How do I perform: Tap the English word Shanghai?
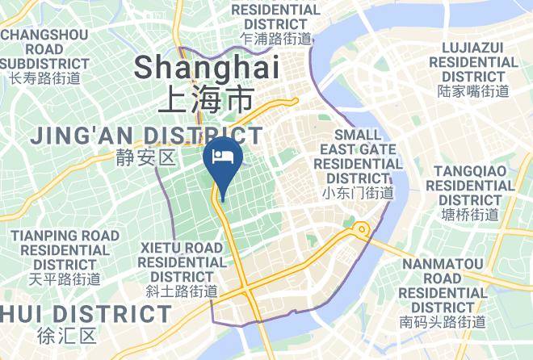pyautogui.click(x=207, y=67)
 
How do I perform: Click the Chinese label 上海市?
pyautogui.click(x=205, y=100)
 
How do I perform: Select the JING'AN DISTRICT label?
pyautogui.click(x=147, y=136)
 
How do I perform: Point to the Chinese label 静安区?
pyautogui.click(x=146, y=157)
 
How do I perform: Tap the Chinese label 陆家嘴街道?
pyautogui.click(x=473, y=91)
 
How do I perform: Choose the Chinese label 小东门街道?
pyautogui.click(x=358, y=193)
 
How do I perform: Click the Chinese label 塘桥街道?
pyautogui.click(x=471, y=215)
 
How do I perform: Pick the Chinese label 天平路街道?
pyautogui.click(x=65, y=279)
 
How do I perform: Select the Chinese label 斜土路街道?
pyautogui.click(x=182, y=291)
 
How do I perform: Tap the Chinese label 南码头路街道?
pyautogui.click(x=443, y=322)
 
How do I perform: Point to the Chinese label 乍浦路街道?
pyautogui.click(x=276, y=38)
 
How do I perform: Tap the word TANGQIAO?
pyautogui.click(x=472, y=171)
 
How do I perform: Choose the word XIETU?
pyautogui.click(x=164, y=247)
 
